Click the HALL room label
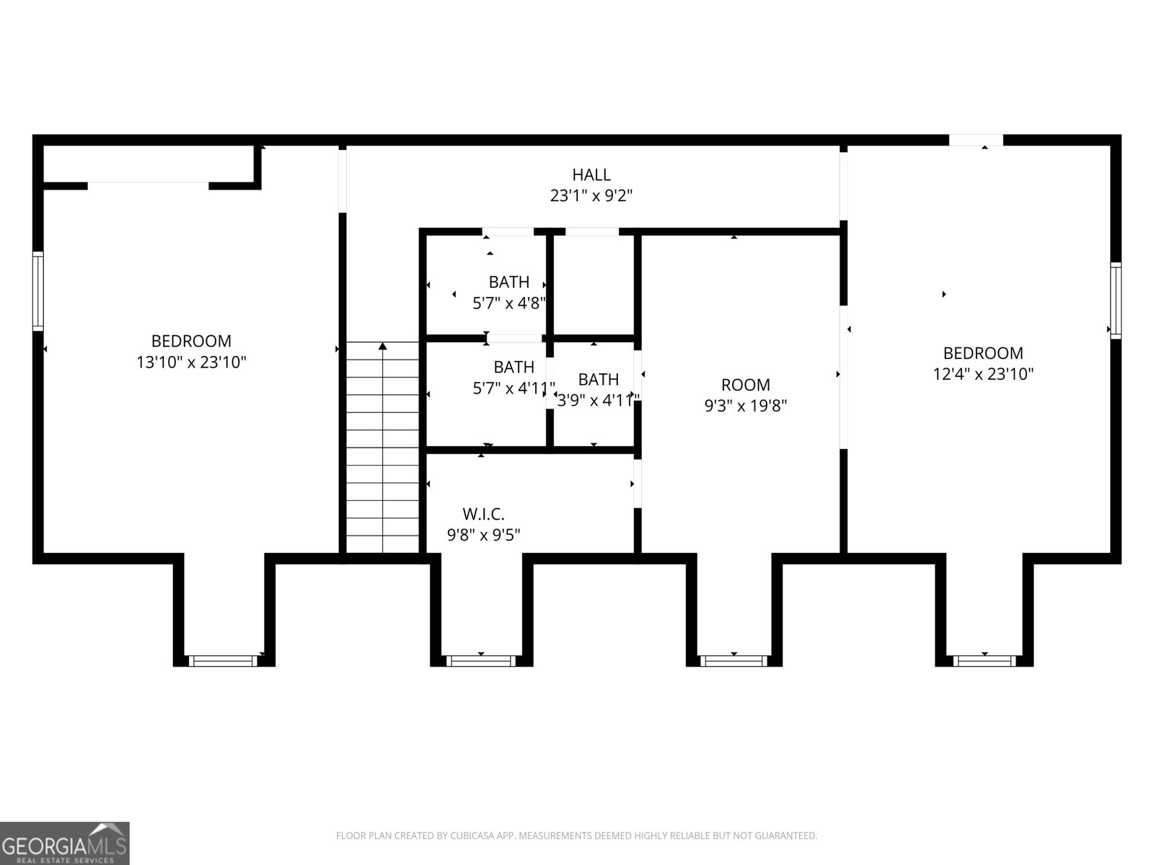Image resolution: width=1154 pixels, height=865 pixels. click(x=591, y=174)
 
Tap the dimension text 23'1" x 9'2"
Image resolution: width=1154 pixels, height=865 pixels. click(x=591, y=195)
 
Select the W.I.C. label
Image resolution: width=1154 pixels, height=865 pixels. click(x=483, y=514)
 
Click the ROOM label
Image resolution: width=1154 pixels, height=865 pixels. click(x=745, y=385)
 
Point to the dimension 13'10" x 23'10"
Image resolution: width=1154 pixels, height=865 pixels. click(x=192, y=362)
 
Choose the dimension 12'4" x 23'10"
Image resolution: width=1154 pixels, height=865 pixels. click(x=983, y=374)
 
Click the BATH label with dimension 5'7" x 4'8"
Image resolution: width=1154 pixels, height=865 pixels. click(x=509, y=282)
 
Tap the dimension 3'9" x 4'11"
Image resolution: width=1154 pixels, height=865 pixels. click(x=598, y=400)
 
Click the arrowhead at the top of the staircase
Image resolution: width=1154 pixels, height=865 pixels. click(x=383, y=347)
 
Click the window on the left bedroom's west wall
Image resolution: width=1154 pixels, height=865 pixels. click(x=38, y=291)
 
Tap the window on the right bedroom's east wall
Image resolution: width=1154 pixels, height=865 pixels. click(x=1116, y=301)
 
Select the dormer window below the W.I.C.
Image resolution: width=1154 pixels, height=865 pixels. click(x=482, y=660)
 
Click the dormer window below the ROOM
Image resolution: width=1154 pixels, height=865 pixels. click(x=734, y=660)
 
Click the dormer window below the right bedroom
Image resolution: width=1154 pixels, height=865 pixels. click(x=985, y=660)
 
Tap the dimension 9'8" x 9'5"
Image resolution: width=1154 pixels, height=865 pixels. click(x=483, y=535)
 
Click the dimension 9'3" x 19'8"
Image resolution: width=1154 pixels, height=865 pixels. click(x=745, y=406)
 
